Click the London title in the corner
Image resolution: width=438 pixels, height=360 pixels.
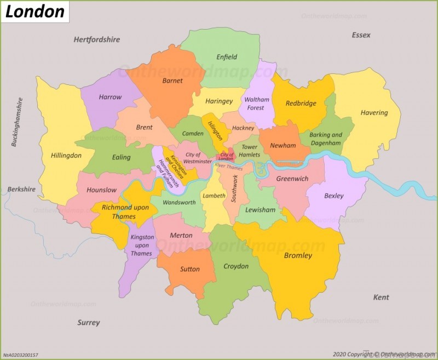click(x=34, y=11)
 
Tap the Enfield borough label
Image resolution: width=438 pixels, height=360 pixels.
click(x=227, y=57)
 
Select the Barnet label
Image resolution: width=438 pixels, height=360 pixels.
click(x=172, y=81)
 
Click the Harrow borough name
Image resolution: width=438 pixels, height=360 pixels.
click(x=110, y=97)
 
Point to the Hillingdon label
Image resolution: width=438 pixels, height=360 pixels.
click(x=66, y=156)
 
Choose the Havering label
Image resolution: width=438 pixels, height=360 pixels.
click(x=374, y=113)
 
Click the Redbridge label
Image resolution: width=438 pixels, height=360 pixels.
click(x=301, y=103)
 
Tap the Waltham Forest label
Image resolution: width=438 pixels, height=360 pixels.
click(x=257, y=104)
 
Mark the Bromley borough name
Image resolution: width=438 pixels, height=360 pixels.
click(x=298, y=255)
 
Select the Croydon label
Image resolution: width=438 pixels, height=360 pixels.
click(x=235, y=266)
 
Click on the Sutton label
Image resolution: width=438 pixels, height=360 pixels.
click(x=190, y=269)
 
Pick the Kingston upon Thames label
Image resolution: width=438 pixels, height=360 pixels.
click(x=141, y=245)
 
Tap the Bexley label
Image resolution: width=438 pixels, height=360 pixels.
click(x=333, y=196)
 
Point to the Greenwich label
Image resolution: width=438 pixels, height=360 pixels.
click(x=292, y=179)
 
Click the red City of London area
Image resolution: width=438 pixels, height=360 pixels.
click(x=227, y=155)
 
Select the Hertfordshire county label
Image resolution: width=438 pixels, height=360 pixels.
click(x=97, y=39)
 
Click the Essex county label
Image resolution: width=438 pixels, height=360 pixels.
click(x=361, y=35)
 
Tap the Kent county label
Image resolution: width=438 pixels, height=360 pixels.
click(x=381, y=297)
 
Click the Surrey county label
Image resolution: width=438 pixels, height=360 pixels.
click(x=88, y=322)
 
